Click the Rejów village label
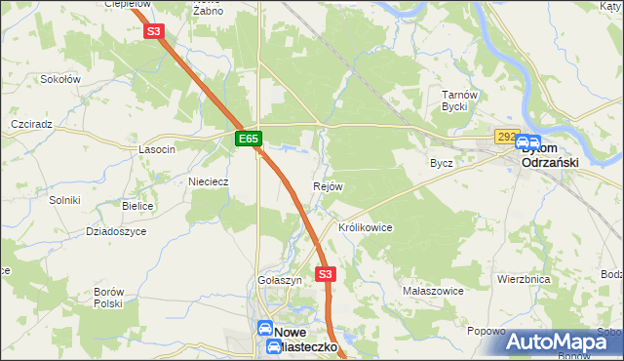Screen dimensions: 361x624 click(327, 186)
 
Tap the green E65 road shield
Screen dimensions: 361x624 click(249, 140)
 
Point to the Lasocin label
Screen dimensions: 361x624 click(157, 149)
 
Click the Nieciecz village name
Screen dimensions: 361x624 click(208, 180)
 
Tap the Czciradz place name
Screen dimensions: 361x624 click(30, 125)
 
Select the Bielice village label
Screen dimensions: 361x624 click(138, 207)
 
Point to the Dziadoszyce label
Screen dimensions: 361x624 click(116, 231)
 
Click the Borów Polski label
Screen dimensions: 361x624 click(108, 298)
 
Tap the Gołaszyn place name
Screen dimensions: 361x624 click(280, 279)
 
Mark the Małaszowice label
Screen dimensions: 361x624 click(432, 291)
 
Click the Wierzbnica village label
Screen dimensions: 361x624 click(524, 279)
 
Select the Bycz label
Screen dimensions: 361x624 click(442, 163)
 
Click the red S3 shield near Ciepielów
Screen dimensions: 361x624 click(153, 31)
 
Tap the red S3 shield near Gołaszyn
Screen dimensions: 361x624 click(326, 275)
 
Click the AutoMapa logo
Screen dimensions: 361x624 click(564, 341)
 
